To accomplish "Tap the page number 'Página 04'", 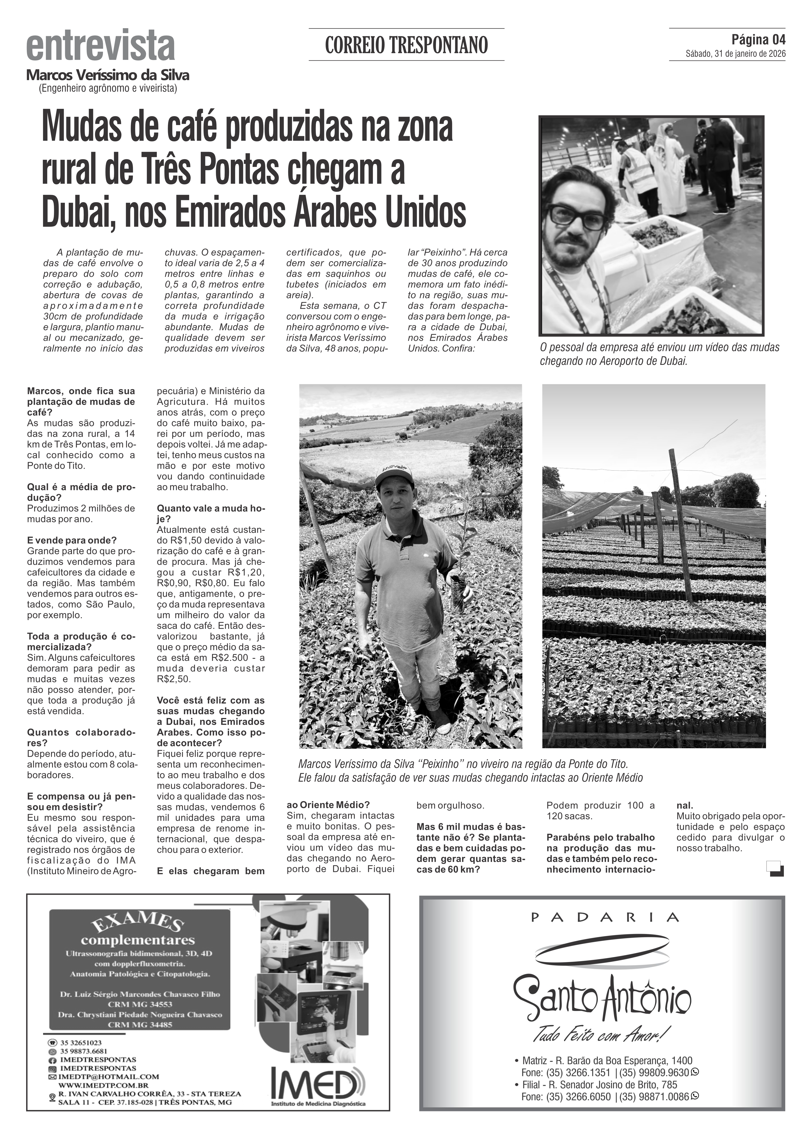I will pyautogui.click(x=758, y=39).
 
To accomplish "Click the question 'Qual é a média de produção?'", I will pyautogui.click(x=81, y=492).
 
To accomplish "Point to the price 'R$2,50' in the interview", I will pyautogui.click(x=174, y=679).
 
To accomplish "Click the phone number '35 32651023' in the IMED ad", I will pyautogui.click(x=81, y=1042).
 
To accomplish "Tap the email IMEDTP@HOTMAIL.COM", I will pyautogui.click(x=112, y=1077).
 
